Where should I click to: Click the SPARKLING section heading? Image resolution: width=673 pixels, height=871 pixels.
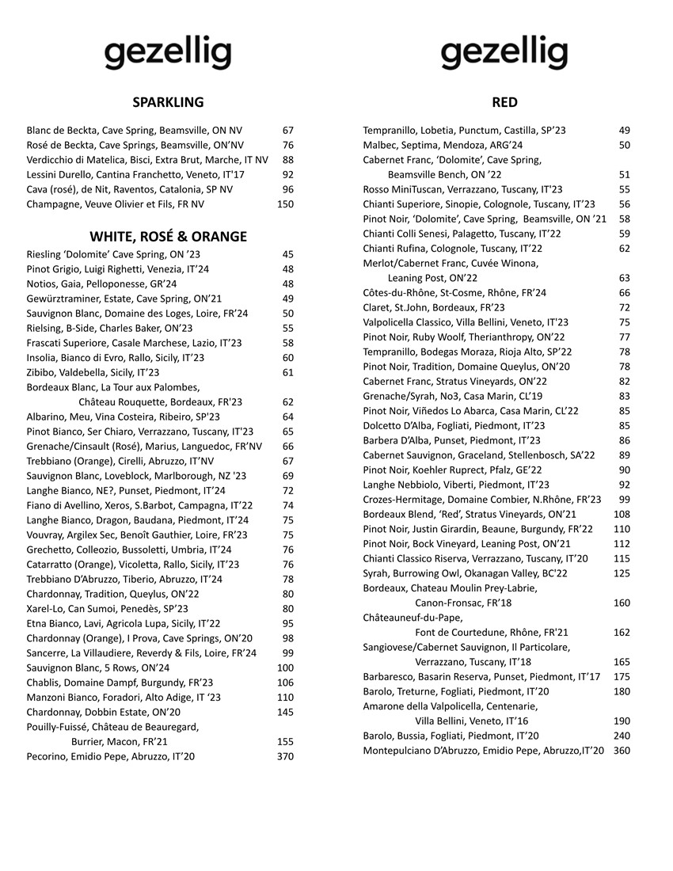tap(168, 102)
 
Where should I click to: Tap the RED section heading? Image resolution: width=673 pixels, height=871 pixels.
tap(504, 102)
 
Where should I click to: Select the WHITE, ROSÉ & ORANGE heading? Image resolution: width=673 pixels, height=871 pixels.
tap(168, 237)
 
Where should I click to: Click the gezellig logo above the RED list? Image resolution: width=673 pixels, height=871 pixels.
tap(504, 54)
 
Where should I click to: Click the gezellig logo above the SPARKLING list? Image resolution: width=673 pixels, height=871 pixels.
tap(168, 54)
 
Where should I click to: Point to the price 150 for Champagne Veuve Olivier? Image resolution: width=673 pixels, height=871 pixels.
tap(286, 204)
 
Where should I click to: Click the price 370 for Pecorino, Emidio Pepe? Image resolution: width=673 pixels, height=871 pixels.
tap(286, 757)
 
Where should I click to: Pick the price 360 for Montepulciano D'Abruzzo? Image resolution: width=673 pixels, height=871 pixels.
tap(622, 751)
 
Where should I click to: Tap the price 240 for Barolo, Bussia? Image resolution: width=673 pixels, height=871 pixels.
tap(622, 736)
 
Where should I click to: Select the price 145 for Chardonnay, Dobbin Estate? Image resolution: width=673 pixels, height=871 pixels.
tap(286, 712)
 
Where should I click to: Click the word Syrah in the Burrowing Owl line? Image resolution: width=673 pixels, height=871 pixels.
tap(376, 573)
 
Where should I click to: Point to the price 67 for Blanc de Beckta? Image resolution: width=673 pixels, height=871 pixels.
tap(288, 130)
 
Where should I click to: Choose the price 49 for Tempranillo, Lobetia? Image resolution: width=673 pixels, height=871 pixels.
tap(625, 130)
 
